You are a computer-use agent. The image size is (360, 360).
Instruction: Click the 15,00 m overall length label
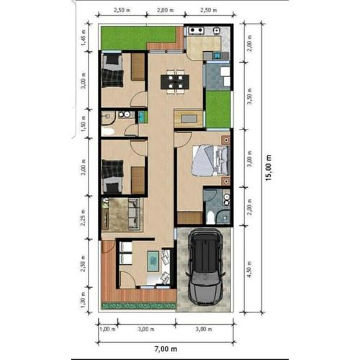click(269, 171)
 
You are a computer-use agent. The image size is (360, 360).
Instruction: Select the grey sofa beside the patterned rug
click(133, 214)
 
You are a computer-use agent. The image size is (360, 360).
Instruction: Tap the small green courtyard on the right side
click(219, 108)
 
